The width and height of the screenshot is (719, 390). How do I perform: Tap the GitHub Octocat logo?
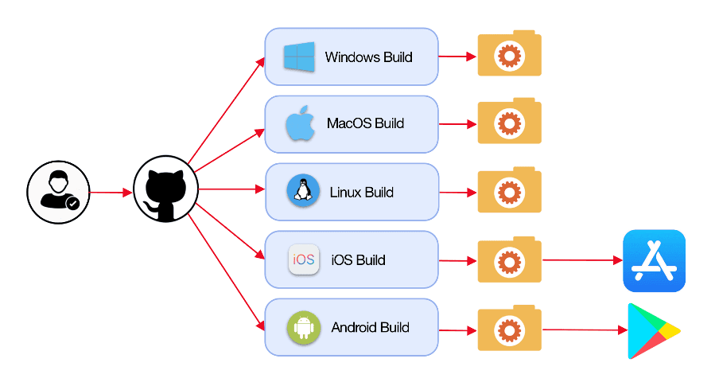pos(165,192)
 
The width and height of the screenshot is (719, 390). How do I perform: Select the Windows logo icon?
pos(299,57)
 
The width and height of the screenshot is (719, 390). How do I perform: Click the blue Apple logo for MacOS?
pos(301,124)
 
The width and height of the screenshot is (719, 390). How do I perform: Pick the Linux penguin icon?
pos(303,192)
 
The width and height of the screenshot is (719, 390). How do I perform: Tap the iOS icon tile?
pos(304,259)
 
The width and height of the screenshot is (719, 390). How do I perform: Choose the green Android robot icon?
pos(304,327)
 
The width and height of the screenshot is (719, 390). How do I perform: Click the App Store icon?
pos(654,261)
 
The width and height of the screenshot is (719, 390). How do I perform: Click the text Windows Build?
pos(368,57)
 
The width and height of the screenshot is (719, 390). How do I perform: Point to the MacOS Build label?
pos(365,124)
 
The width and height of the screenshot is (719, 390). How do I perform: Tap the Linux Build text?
pos(361,193)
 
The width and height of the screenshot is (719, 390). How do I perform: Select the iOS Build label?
pos(358,260)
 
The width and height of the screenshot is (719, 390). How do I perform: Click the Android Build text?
pos(370,328)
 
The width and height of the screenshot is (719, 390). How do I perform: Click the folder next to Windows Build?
pos(509,55)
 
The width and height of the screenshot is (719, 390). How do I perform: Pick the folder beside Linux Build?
pos(509,191)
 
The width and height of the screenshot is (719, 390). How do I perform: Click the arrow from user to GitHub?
pos(111,193)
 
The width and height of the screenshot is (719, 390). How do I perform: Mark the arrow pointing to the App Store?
pos(581,260)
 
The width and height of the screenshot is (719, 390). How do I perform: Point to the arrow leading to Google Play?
pos(581,329)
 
